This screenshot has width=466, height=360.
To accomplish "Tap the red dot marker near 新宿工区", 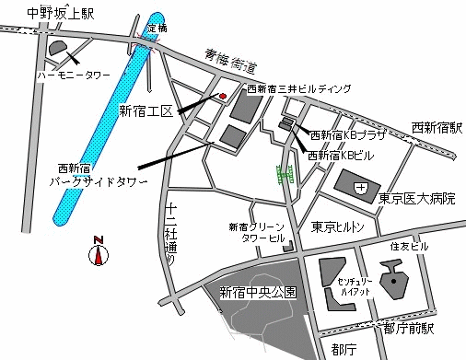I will tap(222, 95).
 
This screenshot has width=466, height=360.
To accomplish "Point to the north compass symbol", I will tap(99, 250).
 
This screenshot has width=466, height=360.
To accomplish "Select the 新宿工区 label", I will tap(146, 111).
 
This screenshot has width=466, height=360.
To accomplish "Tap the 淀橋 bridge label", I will tap(157, 28).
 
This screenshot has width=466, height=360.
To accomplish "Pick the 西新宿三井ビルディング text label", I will tap(299, 89).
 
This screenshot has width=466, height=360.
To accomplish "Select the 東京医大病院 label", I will tap(417, 198).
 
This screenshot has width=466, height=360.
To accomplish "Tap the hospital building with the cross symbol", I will tap(358, 189).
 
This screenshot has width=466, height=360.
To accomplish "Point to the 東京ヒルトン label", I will tap(336, 226).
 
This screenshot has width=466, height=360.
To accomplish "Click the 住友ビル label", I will tap(409, 247).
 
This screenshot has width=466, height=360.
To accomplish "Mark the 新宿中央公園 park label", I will tap(258, 293).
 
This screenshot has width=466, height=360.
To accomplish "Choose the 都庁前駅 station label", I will tap(410, 328).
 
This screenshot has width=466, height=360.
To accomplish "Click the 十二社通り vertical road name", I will tap(170, 234).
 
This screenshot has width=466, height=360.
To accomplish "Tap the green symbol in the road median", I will tap(285, 172).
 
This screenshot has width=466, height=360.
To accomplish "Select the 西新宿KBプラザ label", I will tap(347, 134).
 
